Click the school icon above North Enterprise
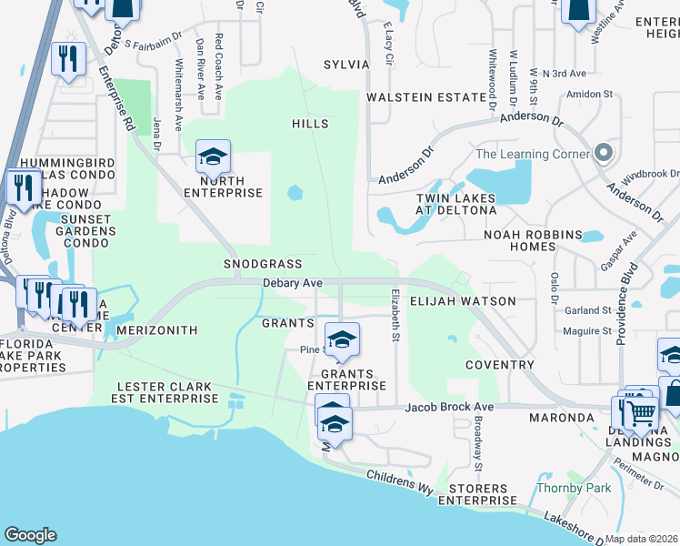click(x=213, y=158)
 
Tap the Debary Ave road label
click(x=293, y=284)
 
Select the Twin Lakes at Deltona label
click(x=456, y=204)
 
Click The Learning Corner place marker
click(x=602, y=154)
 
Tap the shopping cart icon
click(x=642, y=414)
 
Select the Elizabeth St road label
click(x=395, y=317)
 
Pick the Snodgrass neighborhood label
click(x=263, y=263)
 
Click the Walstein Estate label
click(x=426, y=97)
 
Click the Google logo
click(x=30, y=535)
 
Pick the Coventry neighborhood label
click(x=499, y=365)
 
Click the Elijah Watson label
click(x=463, y=301)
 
